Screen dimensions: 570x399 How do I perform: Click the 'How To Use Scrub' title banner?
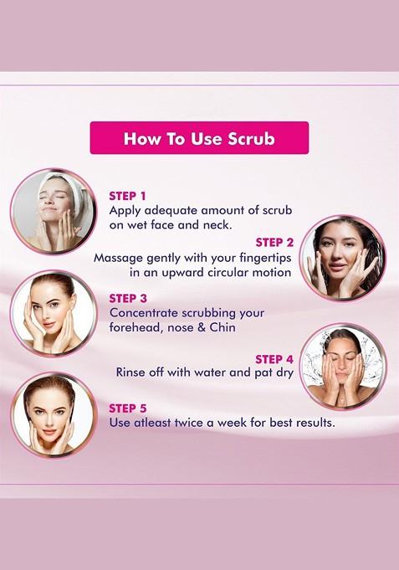coord(199,138)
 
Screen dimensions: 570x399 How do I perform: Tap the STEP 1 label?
coord(127,196)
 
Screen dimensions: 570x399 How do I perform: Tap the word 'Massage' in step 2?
coord(120,258)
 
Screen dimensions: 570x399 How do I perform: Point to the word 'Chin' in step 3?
coord(223,328)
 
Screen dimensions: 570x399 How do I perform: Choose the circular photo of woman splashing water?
coord(342,366)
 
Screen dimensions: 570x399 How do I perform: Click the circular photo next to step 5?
coord(53,414)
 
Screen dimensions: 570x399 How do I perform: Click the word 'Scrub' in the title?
coord(251,138)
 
